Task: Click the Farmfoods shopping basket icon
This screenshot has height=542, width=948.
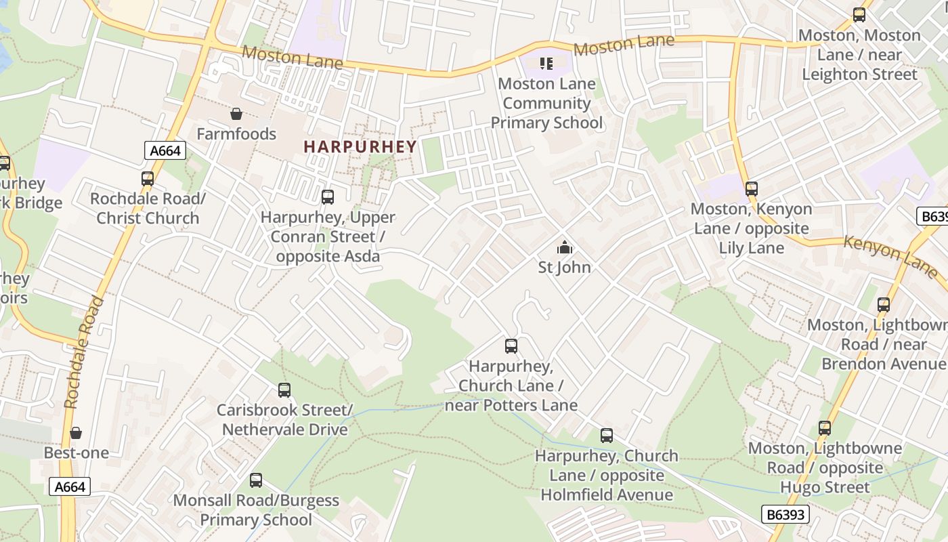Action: pos(236,114)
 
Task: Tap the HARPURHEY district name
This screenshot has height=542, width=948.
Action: pos(360,146)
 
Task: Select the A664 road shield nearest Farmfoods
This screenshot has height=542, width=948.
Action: pos(165,150)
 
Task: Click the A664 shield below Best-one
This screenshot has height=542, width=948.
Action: pos(70,486)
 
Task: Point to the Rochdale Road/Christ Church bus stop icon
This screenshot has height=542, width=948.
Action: pos(148,179)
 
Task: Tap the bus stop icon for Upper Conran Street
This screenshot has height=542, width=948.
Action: pos(328,197)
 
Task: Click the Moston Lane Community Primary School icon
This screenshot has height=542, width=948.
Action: pos(546,64)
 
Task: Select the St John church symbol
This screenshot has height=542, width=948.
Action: pos(564,247)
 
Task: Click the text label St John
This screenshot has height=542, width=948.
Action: pos(564,268)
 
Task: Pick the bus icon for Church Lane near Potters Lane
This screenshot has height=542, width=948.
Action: pos(511,346)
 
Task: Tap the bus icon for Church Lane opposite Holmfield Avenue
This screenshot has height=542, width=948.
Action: pos(607,436)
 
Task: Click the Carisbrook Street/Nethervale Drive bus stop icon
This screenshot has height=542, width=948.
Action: pos(284,390)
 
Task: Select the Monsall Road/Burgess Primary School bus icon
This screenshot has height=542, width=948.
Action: pos(256,480)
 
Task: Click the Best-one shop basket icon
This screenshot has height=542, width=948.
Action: pos(76,433)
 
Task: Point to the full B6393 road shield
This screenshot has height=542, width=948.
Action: pos(785,514)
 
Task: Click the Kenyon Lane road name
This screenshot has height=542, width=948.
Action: pos(890,256)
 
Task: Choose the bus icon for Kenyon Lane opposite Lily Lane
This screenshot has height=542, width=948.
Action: pos(752,189)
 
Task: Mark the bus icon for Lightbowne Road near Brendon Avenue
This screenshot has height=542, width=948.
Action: pos(884,305)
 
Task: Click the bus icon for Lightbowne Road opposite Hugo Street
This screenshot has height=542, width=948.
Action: pos(824,428)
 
